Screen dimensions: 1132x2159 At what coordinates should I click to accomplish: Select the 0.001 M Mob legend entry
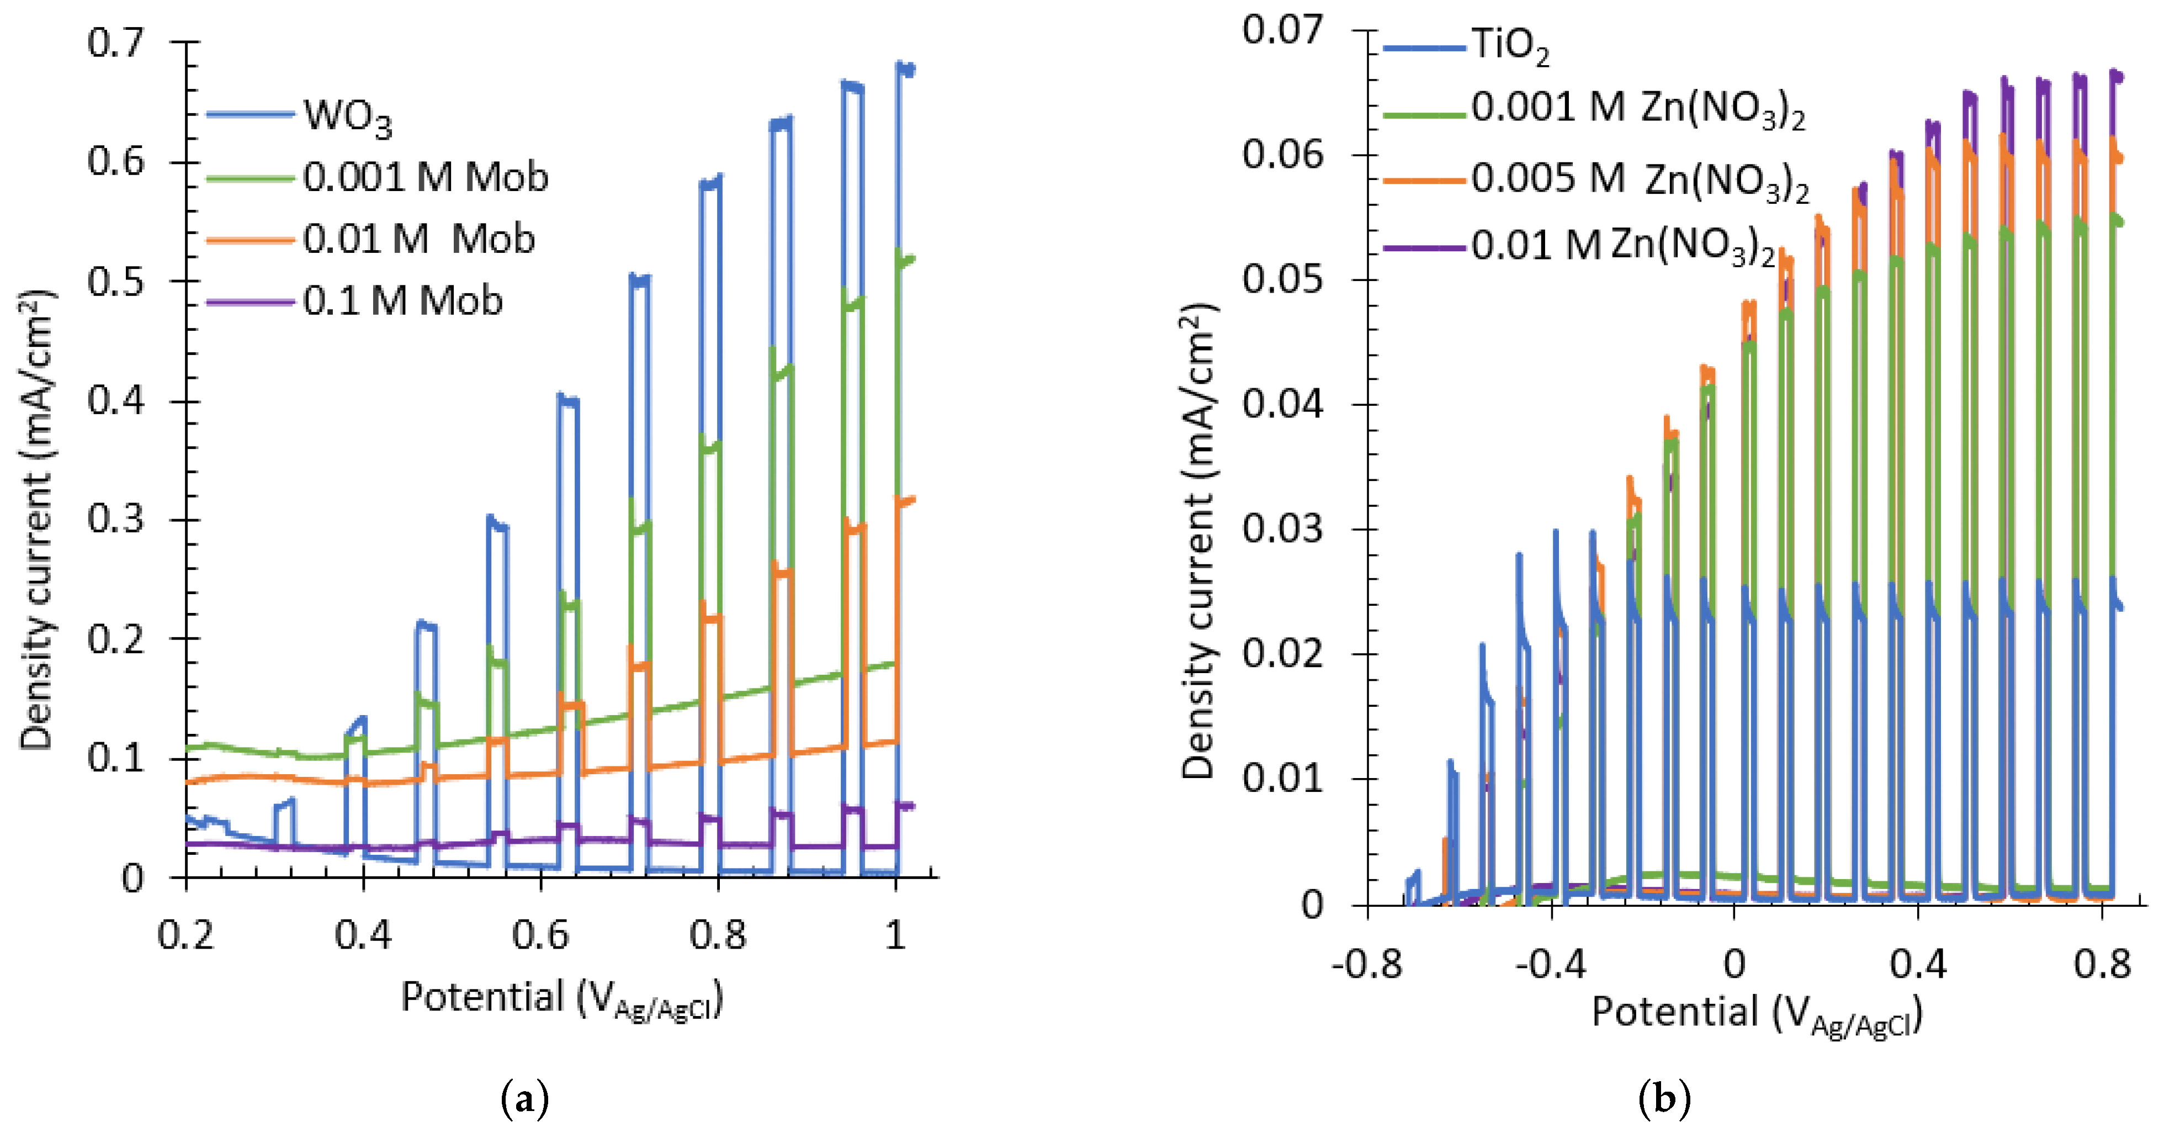coord(425,177)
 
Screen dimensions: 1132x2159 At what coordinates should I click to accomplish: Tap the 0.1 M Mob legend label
coord(402,301)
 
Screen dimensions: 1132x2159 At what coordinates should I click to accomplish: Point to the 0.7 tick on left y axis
coord(116,42)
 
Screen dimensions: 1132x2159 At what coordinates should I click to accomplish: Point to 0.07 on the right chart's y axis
coord(1282,30)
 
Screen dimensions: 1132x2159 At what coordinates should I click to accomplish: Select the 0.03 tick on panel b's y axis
coord(1282,529)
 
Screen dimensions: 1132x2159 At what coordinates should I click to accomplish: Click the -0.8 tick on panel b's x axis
coord(1366,964)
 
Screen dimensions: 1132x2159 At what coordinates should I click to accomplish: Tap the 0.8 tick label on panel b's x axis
coord(2102,964)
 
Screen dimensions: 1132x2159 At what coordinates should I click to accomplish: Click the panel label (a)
coord(524,1098)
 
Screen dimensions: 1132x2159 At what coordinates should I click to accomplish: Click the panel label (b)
coord(1664,1098)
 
